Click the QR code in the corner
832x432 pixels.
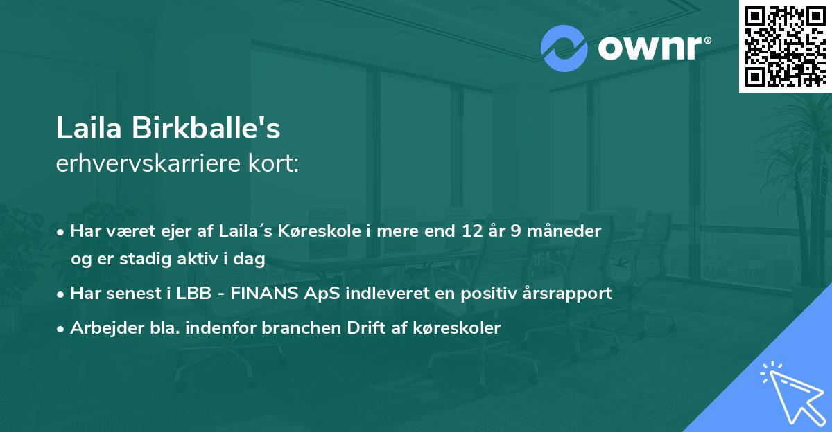click(x=786, y=46)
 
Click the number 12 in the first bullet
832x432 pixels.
click(x=473, y=231)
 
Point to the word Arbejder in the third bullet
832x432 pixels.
click(x=100, y=328)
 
